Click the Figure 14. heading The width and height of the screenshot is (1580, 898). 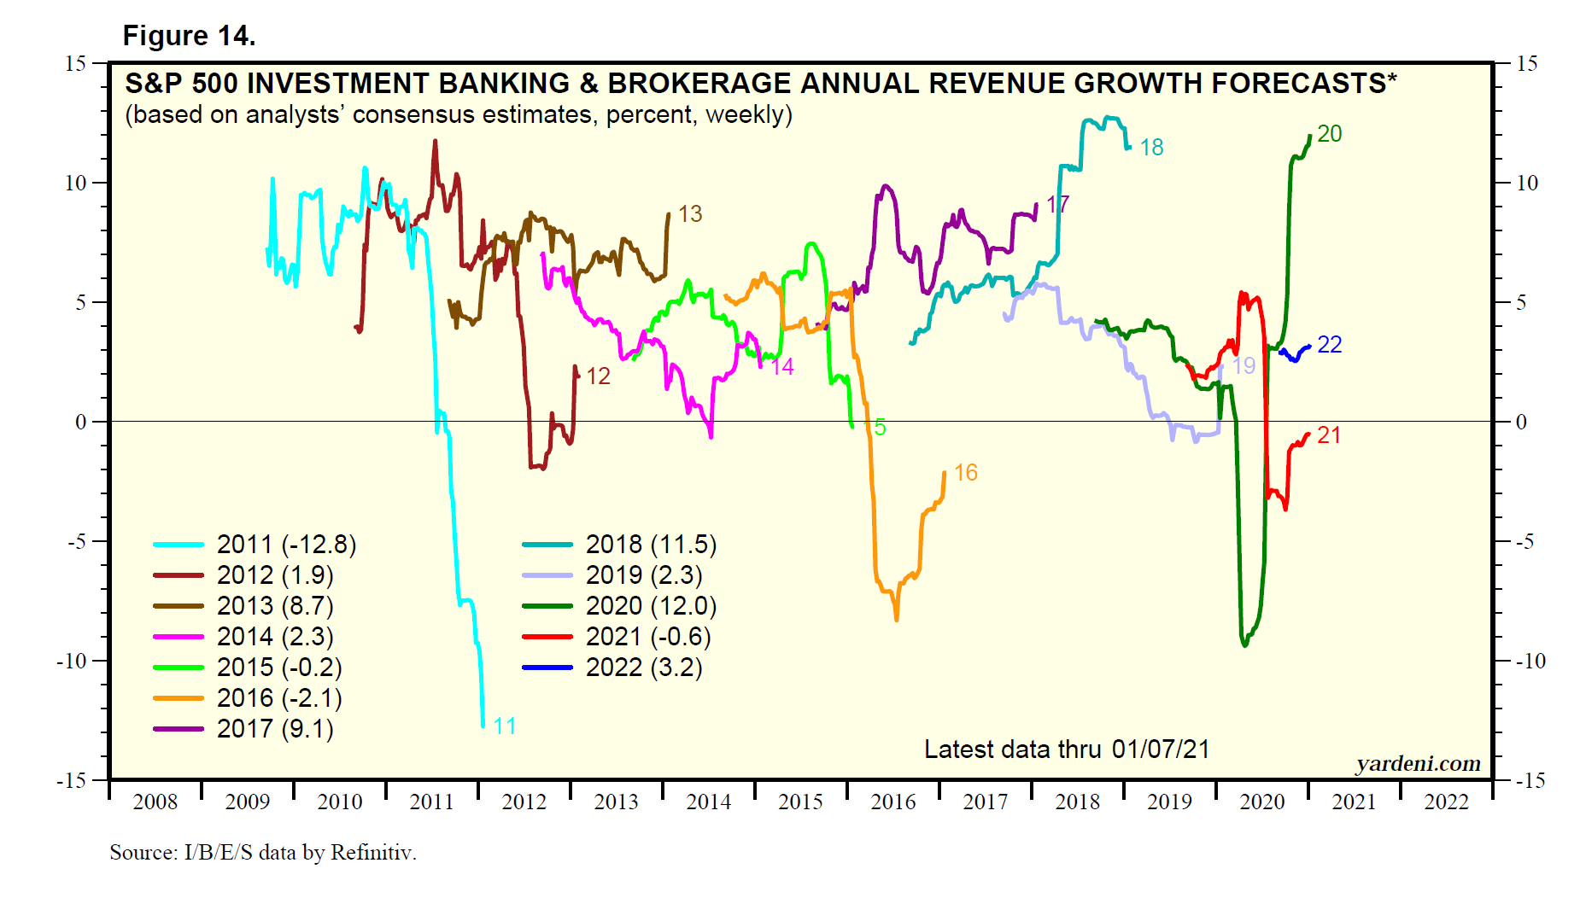189,36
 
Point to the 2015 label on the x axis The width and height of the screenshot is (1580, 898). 800,802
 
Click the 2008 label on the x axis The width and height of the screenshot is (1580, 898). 155,802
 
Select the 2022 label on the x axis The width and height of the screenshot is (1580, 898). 1446,802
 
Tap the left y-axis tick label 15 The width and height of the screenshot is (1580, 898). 75,63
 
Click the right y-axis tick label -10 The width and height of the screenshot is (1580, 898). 1530,661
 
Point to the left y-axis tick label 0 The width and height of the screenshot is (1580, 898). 81,422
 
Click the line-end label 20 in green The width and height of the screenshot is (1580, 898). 1329,134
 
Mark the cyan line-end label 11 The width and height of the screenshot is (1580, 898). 505,726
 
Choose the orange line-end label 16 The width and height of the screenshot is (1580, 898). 965,473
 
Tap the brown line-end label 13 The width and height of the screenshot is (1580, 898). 690,214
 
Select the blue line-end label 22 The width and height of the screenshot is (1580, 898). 1329,345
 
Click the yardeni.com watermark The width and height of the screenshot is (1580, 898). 1418,763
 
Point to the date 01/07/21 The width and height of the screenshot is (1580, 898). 1161,749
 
